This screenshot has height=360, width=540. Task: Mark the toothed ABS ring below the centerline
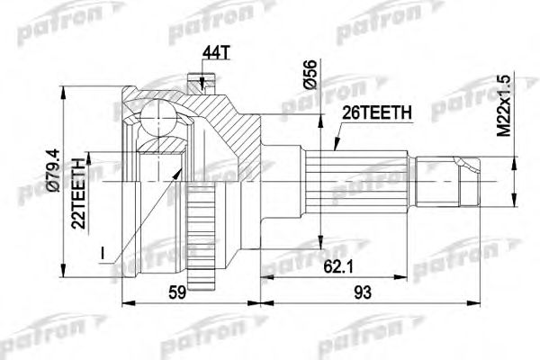pyautogui.click(x=206, y=234)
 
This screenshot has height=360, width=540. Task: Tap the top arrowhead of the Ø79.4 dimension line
pyautogui.click(x=62, y=99)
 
